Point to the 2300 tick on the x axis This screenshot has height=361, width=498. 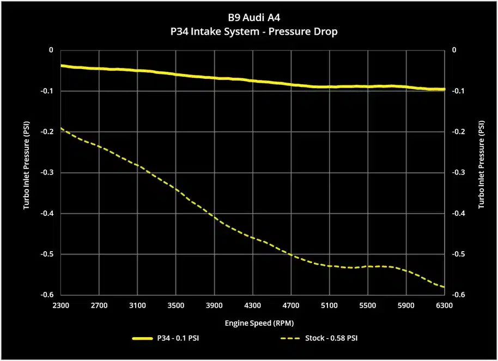pyautogui.click(x=60, y=306)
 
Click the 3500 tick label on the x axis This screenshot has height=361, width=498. pyautogui.click(x=175, y=306)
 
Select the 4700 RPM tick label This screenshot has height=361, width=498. pyautogui.click(x=291, y=306)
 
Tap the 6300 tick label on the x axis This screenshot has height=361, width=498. pyautogui.click(x=445, y=306)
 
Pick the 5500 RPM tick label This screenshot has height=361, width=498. pyautogui.click(x=368, y=306)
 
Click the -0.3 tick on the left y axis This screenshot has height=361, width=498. pyautogui.click(x=48, y=172)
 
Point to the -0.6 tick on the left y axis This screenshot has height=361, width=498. pyautogui.click(x=48, y=295)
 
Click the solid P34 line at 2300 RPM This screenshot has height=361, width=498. pyautogui.click(x=62, y=65)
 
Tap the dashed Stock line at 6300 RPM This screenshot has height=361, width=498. pyautogui.click(x=444, y=287)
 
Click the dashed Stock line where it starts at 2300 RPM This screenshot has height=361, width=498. pyautogui.click(x=62, y=128)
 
